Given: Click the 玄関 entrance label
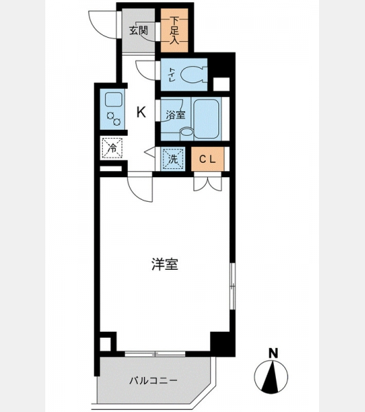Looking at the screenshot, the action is pyautogui.click(x=139, y=31).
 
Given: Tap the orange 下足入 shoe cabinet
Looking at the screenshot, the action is pyautogui.click(x=174, y=30).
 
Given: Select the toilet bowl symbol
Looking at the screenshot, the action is pyautogui.click(x=193, y=74).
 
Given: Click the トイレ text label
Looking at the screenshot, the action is pyautogui.click(x=172, y=74).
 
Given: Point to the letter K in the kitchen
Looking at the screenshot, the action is pyautogui.click(x=141, y=113).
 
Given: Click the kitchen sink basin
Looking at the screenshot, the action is pyautogui.click(x=113, y=100).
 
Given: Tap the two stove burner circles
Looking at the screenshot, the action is pyautogui.click(x=113, y=119).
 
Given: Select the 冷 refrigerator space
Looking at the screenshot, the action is pyautogui.click(x=112, y=148).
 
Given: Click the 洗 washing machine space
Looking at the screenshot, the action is pyautogui.click(x=173, y=159).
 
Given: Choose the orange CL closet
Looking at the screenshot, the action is pyautogui.click(x=207, y=159).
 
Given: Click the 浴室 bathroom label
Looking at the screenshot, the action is pyautogui.click(x=176, y=115).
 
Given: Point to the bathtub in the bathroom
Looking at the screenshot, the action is pyautogui.click(x=206, y=118).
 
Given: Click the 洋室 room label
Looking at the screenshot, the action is pyautogui.click(x=165, y=264).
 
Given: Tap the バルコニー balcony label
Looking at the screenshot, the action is pyautogui.click(x=154, y=380).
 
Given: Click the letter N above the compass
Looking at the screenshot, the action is pyautogui.click(x=273, y=353).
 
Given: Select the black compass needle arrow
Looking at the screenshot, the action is pyautogui.click(x=271, y=377).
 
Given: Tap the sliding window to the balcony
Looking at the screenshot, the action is pyautogui.click(x=155, y=354).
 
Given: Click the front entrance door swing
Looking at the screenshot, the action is pyautogui.click(x=103, y=25).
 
